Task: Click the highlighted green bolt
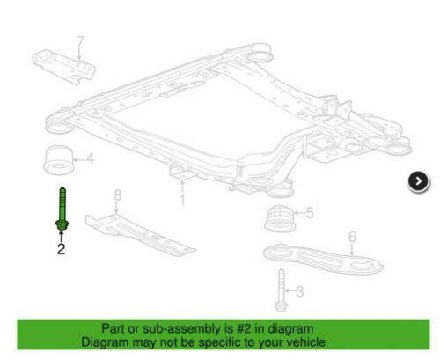tap(62, 209)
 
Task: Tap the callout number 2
tap(61, 249)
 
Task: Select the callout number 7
tap(80, 42)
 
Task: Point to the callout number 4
tap(90, 158)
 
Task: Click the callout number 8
tap(117, 195)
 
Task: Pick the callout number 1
tap(182, 199)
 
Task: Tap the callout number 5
tap(310, 213)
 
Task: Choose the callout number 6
tap(352, 237)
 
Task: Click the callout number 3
tap(299, 291)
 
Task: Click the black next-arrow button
tap(419, 181)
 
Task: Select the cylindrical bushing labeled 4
tap(58, 160)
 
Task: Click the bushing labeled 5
tap(280, 219)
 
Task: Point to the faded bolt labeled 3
tap(281, 290)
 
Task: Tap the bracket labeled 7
tap(63, 67)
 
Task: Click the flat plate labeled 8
tap(140, 234)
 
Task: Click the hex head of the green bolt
tap(62, 225)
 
